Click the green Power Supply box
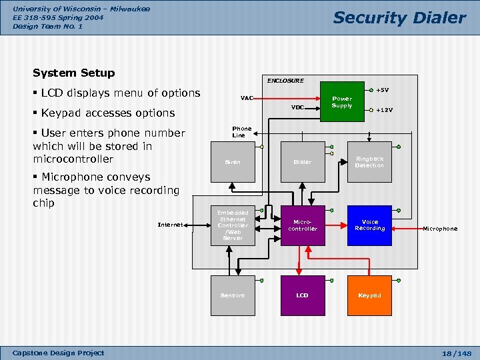(x=342, y=101)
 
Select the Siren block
(x=233, y=162)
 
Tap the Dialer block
(x=303, y=162)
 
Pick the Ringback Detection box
(x=369, y=162)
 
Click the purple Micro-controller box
(x=303, y=225)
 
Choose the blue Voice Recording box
(x=369, y=225)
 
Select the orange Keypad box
(x=369, y=295)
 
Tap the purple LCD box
(x=303, y=295)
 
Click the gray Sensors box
(x=233, y=295)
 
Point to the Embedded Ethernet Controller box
(x=233, y=225)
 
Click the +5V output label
(x=383, y=90)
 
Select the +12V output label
(x=385, y=110)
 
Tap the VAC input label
(x=247, y=98)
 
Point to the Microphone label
(x=440, y=229)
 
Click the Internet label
(x=170, y=225)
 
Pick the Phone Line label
(x=241, y=132)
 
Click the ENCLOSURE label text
(x=285, y=81)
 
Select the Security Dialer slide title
(x=399, y=17)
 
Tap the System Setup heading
(x=74, y=73)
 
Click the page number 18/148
(x=457, y=353)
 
